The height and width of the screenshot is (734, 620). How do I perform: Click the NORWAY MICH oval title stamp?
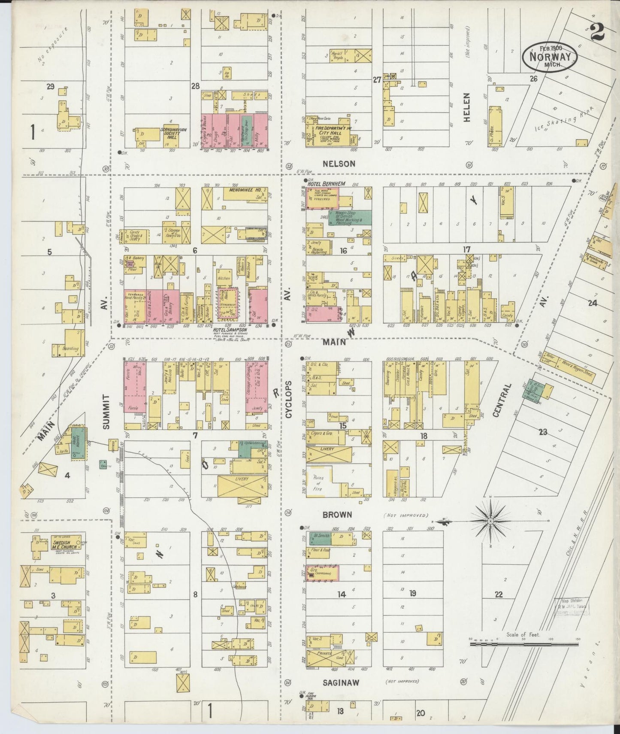coord(550,56)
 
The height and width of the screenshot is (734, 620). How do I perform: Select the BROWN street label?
coord(337,514)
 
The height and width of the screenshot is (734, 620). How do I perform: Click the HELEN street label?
coord(467,107)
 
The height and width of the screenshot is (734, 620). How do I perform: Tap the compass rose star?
coord(490,521)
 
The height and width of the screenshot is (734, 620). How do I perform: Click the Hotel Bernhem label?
coord(323,184)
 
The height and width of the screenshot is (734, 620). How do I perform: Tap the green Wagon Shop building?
coord(349,217)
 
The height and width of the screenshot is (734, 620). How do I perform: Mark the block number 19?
coord(412,594)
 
